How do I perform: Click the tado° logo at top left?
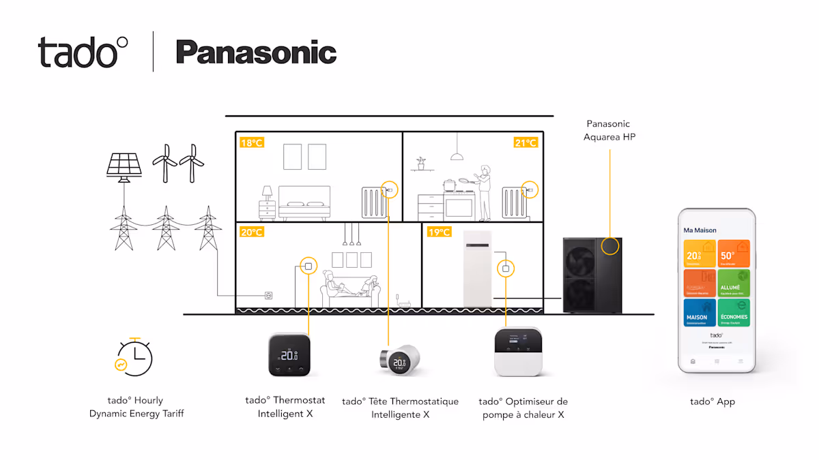click(x=83, y=52)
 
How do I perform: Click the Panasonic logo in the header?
click(x=256, y=52)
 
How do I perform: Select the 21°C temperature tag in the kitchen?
click(x=526, y=142)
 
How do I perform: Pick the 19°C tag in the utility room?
click(x=439, y=232)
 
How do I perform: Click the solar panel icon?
click(x=125, y=166)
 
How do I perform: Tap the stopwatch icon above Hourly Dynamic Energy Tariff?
click(x=134, y=357)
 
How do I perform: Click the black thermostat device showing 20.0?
click(x=289, y=354)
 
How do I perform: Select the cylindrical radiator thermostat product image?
click(x=399, y=358)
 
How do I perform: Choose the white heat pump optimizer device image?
click(x=518, y=351)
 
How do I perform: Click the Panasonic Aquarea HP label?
click(x=609, y=130)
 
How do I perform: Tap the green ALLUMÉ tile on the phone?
click(x=734, y=283)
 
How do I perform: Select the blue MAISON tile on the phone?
click(x=700, y=313)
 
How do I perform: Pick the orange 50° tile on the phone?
click(x=734, y=254)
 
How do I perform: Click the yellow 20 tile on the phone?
click(x=700, y=254)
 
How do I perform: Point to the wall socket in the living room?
click(x=269, y=296)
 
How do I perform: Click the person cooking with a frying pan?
click(x=483, y=191)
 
